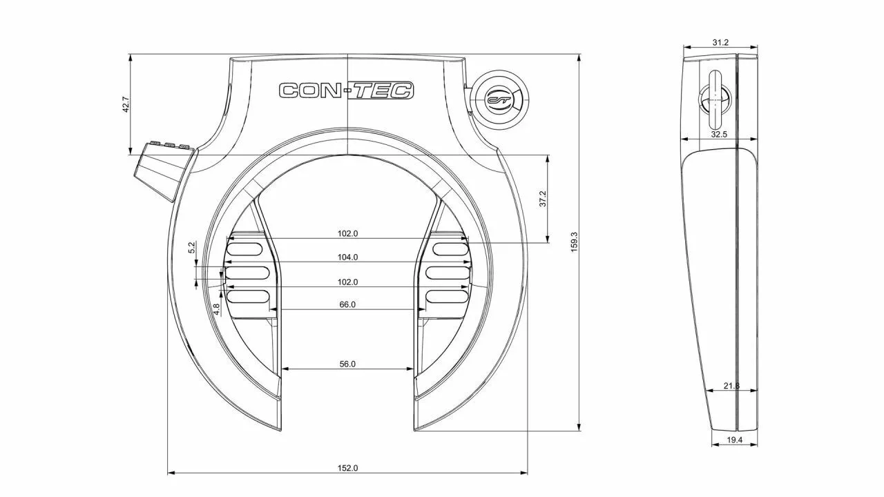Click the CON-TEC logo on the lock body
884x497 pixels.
(346, 90)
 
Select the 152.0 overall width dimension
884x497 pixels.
(347, 468)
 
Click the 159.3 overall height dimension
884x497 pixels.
(574, 242)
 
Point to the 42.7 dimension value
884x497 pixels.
(126, 104)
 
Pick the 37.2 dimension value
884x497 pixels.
(543, 199)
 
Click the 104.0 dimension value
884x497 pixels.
(347, 257)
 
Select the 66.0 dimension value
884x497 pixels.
(347, 304)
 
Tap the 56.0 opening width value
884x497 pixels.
(347, 364)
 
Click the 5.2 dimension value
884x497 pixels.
(192, 248)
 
